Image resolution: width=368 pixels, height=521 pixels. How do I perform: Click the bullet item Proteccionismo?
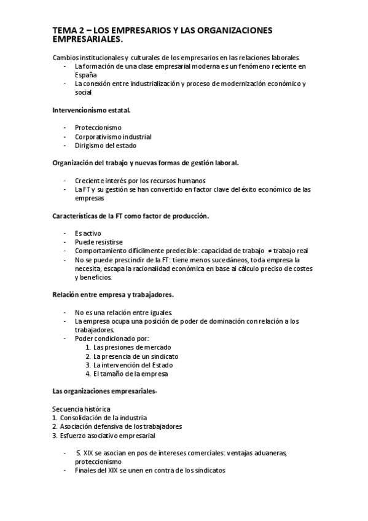[98, 128]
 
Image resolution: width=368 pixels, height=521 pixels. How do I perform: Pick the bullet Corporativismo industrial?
[113, 136]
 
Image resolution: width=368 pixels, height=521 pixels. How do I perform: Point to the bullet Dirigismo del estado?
[106, 145]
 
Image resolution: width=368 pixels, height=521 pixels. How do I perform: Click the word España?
[85, 74]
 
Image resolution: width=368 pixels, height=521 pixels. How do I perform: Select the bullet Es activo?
[88, 234]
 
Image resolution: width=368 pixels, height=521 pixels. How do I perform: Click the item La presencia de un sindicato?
[136, 356]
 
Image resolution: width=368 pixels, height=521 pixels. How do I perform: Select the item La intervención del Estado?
[134, 365]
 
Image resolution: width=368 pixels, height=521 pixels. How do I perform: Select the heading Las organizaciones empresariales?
[104, 391]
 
